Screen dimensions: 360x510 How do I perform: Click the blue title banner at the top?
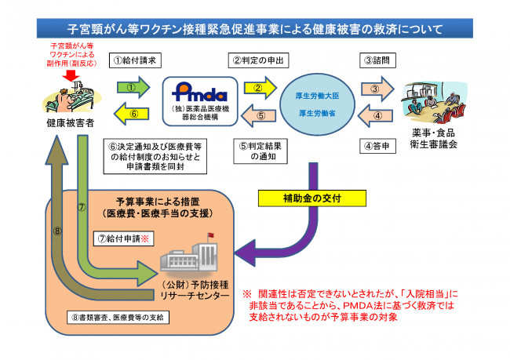[x=254, y=29]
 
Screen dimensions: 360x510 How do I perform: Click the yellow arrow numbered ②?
[x=257, y=87]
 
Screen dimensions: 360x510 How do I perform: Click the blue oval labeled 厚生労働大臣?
[x=319, y=101]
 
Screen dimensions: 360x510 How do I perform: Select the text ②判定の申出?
[x=257, y=59]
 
